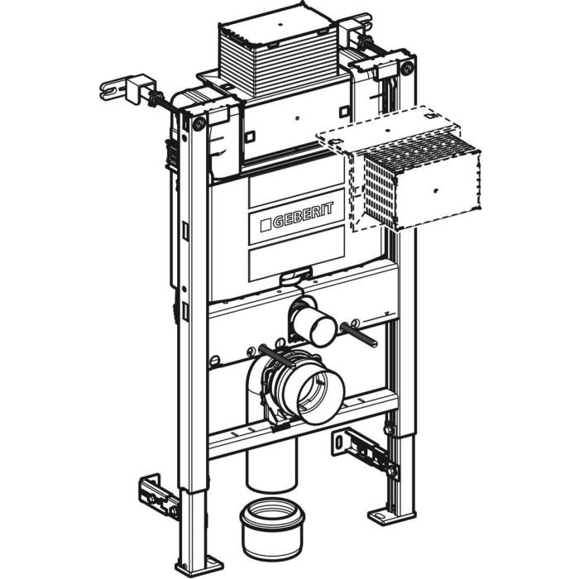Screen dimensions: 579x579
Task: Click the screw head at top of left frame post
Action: pyautogui.click(x=199, y=124)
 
